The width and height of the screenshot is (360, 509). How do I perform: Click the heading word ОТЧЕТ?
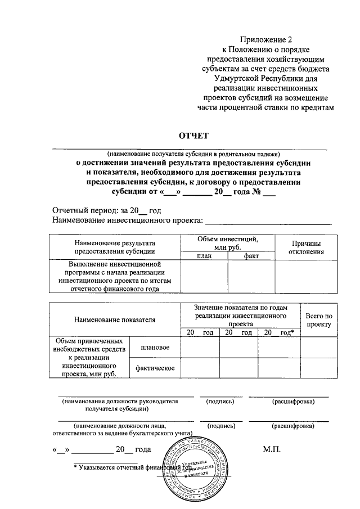pyautogui.click(x=193, y=136)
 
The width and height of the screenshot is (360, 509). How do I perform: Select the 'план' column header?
pyautogui.click(x=204, y=256)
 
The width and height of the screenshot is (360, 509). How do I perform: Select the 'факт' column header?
pyautogui.click(x=251, y=256)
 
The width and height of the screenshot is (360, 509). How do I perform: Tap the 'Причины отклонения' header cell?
pyautogui.click(x=306, y=247)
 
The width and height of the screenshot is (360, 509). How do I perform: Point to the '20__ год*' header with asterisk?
pyautogui.click(x=279, y=333)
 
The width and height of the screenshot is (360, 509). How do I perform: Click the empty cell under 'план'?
pyautogui.click(x=204, y=276)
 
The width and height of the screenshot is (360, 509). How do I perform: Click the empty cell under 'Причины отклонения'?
pyautogui.click(x=306, y=276)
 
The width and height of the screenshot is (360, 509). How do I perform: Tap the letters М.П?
pyautogui.click(x=272, y=449)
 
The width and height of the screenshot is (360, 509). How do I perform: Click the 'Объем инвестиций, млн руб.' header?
pyautogui.click(x=227, y=243)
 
